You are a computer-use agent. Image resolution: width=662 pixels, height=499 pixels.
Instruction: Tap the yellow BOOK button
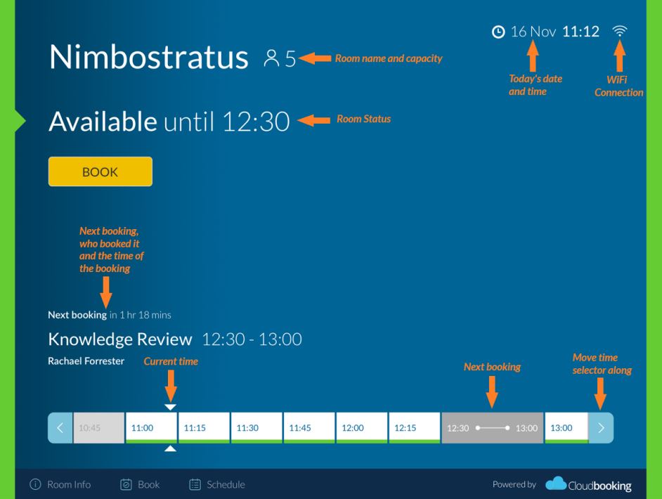point(100,171)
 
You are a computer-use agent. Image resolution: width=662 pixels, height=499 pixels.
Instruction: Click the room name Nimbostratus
point(148,57)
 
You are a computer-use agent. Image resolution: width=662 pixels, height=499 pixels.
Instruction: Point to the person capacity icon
point(271,58)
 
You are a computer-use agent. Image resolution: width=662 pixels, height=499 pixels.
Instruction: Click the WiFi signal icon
point(619,31)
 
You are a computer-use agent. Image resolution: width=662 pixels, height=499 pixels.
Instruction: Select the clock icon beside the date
point(498,32)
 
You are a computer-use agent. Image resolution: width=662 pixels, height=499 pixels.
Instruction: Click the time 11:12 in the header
point(580,32)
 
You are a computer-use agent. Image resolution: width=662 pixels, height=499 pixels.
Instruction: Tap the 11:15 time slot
point(204,427)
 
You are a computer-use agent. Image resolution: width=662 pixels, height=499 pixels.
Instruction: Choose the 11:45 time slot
point(309,427)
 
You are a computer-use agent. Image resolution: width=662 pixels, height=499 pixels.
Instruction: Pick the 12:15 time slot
point(414,427)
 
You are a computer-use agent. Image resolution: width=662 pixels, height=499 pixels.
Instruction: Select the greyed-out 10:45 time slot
point(99,427)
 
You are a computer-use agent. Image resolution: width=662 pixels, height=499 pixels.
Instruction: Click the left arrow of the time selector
point(60,427)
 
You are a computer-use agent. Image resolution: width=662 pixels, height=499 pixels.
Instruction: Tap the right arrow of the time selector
point(601,427)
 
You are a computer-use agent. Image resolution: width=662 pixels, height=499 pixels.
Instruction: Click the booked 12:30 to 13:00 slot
point(492,427)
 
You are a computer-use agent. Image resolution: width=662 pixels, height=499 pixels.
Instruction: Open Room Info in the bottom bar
point(60,484)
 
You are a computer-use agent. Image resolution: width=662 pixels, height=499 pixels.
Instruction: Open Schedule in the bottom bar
point(217,484)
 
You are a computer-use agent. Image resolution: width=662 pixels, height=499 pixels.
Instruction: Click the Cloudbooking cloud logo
point(556,484)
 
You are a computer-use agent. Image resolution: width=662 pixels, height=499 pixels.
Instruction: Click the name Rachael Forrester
point(86,361)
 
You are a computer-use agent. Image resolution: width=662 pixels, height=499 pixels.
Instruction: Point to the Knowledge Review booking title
point(120,339)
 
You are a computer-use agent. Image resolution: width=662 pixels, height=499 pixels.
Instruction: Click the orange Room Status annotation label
point(363,119)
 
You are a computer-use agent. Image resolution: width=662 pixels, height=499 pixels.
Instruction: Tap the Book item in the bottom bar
point(140,484)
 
